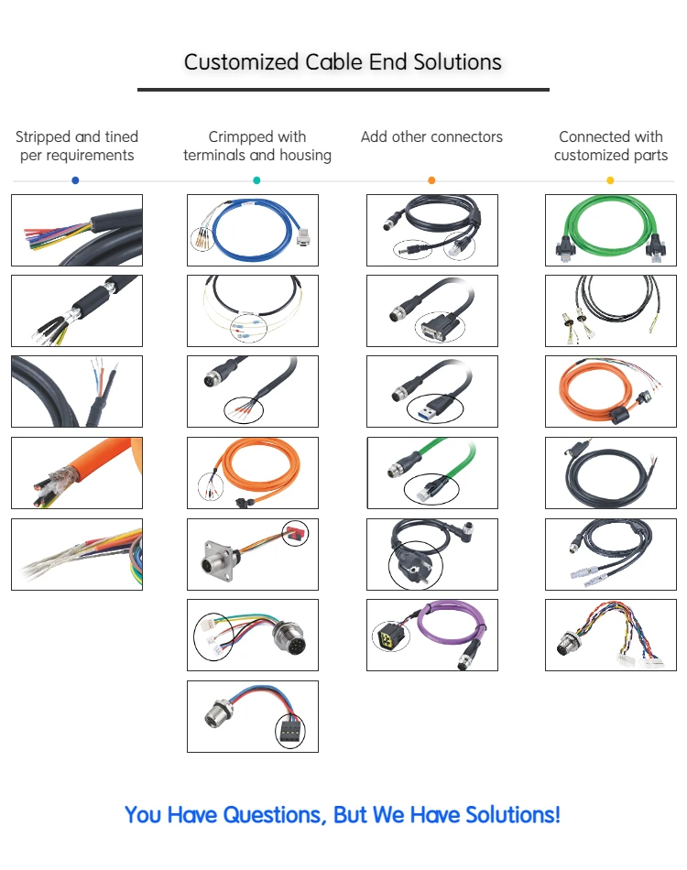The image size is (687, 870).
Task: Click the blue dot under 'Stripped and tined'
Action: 75,180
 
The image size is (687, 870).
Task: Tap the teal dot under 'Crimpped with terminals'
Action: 256,180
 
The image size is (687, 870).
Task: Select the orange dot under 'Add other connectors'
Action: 431,180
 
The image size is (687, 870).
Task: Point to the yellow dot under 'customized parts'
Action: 610,180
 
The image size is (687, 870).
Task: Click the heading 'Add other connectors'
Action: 431,136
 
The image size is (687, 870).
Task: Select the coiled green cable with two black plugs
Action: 611,230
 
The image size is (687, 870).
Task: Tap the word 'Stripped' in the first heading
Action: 44,136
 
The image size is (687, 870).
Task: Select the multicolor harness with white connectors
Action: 611,635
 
